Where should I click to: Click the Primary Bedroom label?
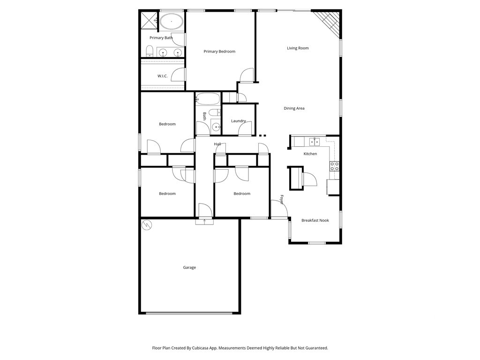tap(219, 52)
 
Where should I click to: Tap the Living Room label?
tap(298, 48)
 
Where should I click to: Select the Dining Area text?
tap(294, 108)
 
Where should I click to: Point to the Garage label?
tap(189, 268)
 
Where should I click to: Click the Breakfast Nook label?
tap(315, 220)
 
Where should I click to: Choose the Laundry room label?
tap(239, 121)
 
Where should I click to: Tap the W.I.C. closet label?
tap(162, 76)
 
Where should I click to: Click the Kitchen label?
tap(310, 154)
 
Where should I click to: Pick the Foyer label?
tap(282, 200)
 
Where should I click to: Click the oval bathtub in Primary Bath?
tap(172, 22)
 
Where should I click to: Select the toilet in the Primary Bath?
tap(150, 51)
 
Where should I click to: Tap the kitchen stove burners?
tap(335, 165)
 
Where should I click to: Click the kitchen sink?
tap(314, 141)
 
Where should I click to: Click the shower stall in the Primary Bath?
tap(150, 20)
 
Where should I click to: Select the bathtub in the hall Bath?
tap(208, 98)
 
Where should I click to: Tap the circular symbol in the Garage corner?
tap(147, 225)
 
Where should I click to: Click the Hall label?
tap(217, 144)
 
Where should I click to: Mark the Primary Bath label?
tap(161, 38)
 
